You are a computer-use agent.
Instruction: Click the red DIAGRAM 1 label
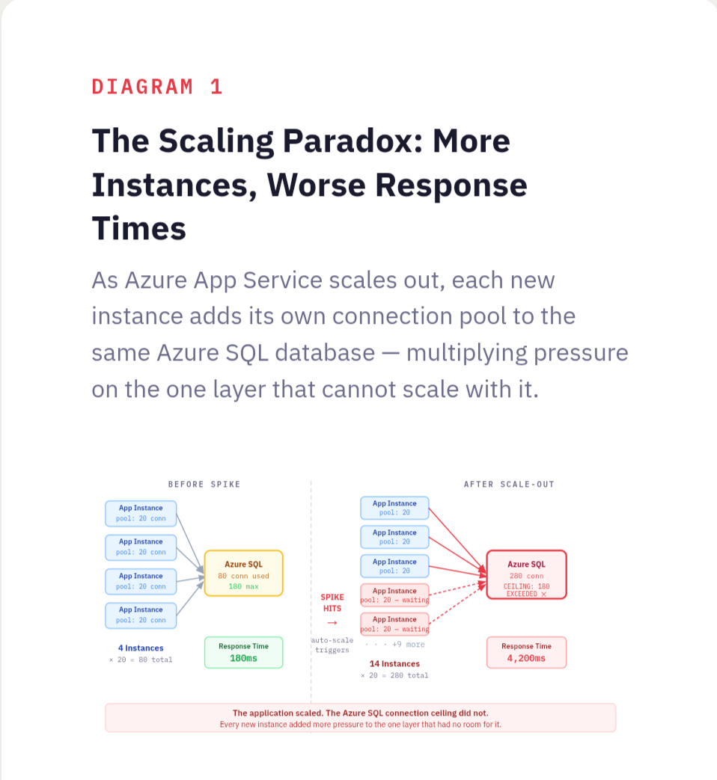[157, 87]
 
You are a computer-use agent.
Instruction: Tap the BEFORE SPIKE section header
[204, 485]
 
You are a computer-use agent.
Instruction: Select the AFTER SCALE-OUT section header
[509, 485]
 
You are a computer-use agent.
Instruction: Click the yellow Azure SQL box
[243, 574]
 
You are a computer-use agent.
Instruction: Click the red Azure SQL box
[526, 574]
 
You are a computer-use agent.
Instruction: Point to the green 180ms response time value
[243, 659]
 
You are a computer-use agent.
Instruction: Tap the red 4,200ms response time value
[526, 659]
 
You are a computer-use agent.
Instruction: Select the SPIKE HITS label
[332, 603]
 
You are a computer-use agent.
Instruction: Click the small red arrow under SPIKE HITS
[332, 623]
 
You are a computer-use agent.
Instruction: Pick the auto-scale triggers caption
[332, 645]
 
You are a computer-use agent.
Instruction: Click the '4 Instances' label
[141, 648]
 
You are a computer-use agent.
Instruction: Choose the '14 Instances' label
[394, 663]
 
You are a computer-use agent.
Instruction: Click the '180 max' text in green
[243, 587]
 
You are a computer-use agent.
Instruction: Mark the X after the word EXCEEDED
[543, 594]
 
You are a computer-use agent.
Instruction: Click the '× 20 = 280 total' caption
[394, 675]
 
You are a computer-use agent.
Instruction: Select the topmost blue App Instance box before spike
[141, 513]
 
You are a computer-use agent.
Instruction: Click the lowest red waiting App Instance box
[394, 624]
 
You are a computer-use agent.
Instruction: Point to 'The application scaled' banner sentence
[360, 713]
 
